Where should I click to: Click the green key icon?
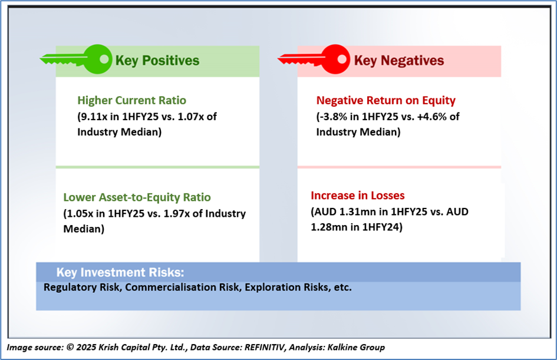coord(77,59)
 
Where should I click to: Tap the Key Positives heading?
coord(157,61)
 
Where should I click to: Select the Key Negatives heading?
coord(399,61)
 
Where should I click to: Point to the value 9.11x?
coord(93,116)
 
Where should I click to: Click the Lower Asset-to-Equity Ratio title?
coord(137,197)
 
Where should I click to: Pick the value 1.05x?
coord(79,213)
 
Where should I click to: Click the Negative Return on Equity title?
coord(385,101)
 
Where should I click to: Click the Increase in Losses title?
coord(358,195)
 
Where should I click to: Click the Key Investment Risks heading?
coord(120,272)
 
